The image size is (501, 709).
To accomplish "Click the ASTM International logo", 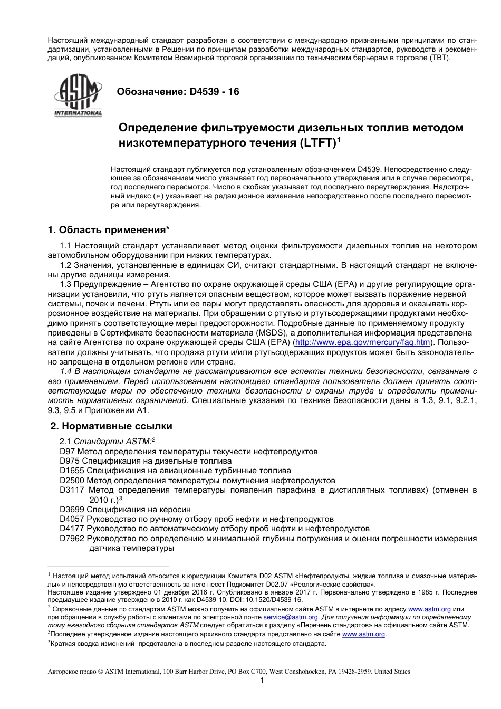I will click(x=78, y=94).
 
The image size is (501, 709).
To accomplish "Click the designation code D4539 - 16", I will click(x=214, y=92).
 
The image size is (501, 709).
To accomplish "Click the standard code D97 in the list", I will click(x=68, y=452).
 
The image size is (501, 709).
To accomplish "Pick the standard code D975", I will click(x=70, y=461).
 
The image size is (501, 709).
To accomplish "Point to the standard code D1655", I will click(x=72, y=471).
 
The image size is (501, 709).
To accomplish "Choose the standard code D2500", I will click(x=72, y=481).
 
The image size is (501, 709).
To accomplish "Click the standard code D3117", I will click(x=72, y=490).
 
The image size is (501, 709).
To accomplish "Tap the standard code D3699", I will click(x=72, y=510).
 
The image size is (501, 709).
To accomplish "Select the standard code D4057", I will click(x=72, y=519).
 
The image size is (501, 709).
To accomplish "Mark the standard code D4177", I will click(x=72, y=529).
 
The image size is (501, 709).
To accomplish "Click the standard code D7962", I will click(x=72, y=539).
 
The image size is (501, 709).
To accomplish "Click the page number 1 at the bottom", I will click(x=262, y=681).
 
